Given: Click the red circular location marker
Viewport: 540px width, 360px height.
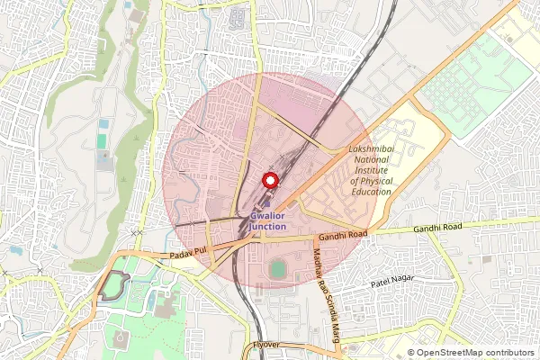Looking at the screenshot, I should (267, 179).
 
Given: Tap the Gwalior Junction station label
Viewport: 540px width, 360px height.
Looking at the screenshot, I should (267, 221).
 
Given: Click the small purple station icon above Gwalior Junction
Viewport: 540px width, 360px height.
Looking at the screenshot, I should (265, 202).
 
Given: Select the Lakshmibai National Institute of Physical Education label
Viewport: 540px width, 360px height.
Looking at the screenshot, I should (370, 172).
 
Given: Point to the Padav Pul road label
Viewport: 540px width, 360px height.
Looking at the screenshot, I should (189, 256).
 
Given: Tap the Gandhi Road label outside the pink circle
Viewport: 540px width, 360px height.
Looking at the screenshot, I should (437, 229).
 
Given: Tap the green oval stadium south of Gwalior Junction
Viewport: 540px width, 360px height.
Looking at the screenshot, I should (279, 269).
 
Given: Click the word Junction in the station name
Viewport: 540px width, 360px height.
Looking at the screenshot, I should (267, 227).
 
